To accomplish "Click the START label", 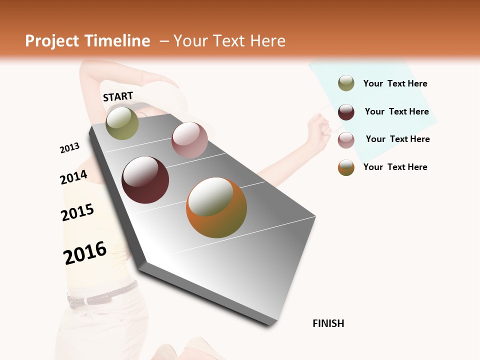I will [118, 96].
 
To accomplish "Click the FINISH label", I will [328, 323].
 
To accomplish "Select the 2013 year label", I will [69, 148].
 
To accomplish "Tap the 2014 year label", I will [73, 177].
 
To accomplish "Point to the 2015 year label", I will [77, 212].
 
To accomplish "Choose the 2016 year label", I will [85, 253].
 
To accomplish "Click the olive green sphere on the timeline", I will [122, 123].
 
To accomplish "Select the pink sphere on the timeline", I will [189, 140].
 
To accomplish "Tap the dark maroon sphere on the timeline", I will [145, 180].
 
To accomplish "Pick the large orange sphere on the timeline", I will [216, 207].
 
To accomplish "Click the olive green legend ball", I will [346, 83].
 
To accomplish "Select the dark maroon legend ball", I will [346, 112].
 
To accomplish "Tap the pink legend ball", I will [346, 140].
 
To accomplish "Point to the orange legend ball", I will [346, 167].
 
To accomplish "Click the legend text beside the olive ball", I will [395, 83].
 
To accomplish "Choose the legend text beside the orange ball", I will [395, 167].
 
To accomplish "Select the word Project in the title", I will [51, 41].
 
